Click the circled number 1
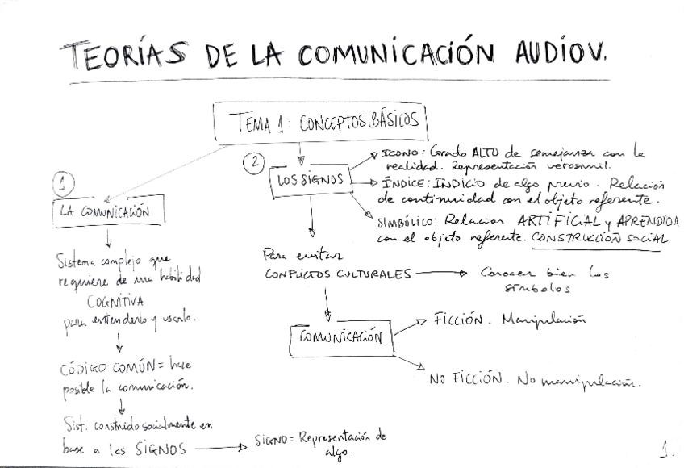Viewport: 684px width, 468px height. [x=64, y=184]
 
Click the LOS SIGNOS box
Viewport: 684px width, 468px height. [x=310, y=181]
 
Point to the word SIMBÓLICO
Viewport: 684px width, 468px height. [x=406, y=220]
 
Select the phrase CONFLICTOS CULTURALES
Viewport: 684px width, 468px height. [x=338, y=274]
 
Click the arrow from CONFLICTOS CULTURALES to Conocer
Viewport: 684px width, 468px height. [x=440, y=273]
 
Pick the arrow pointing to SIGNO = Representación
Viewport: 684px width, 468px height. [x=219, y=447]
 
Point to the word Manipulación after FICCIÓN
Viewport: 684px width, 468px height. [x=542, y=320]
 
